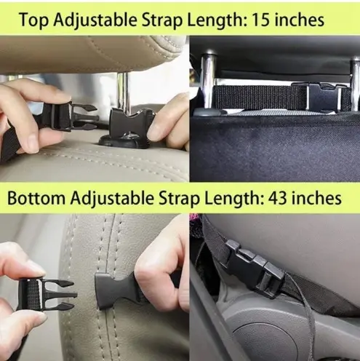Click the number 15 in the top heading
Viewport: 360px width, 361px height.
(261, 20)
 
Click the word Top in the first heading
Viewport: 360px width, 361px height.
(33, 20)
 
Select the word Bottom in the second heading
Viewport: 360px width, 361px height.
(36, 198)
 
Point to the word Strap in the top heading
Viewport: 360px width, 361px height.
(161, 21)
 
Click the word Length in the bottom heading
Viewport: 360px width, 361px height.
(234, 199)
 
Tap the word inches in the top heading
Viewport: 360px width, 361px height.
(300, 20)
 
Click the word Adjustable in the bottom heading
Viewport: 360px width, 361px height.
(113, 199)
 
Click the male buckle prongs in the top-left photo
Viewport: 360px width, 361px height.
(85, 116)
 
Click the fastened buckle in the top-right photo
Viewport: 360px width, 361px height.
(324, 96)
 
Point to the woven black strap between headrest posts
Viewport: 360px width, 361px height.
(260, 97)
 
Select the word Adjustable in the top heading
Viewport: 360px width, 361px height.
(95, 21)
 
